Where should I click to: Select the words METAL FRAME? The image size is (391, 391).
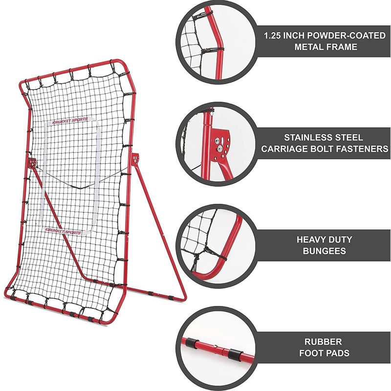[x=326, y=47]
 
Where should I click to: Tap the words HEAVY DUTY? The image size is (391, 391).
[x=324, y=240]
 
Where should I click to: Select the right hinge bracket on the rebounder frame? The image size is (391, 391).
[x=135, y=158]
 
